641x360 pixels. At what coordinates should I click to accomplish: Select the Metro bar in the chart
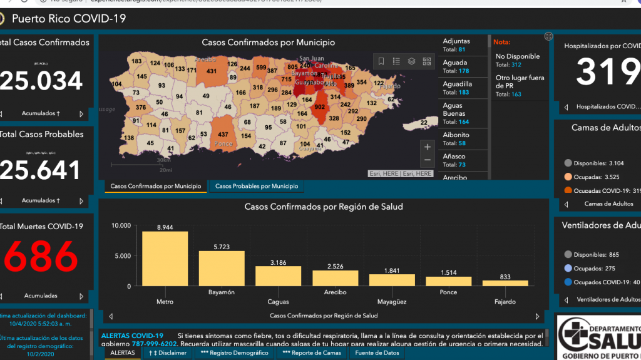click(165, 259)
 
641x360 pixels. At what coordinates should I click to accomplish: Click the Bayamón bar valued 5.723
click(222, 268)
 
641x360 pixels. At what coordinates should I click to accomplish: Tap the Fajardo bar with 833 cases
click(505, 283)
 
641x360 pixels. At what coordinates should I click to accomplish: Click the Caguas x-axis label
click(278, 292)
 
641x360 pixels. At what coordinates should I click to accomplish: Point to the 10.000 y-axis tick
click(120, 225)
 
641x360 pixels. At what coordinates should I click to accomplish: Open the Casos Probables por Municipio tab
click(257, 186)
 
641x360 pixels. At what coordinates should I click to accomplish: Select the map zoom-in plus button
click(428, 147)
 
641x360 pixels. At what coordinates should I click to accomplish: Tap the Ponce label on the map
click(223, 143)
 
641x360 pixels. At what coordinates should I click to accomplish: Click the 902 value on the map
click(319, 107)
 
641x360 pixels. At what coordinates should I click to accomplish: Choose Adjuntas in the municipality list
click(456, 41)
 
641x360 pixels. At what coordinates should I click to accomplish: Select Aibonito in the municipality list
click(456, 135)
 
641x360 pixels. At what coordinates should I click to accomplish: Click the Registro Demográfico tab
click(234, 353)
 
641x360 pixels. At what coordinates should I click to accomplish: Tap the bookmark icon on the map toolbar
click(381, 61)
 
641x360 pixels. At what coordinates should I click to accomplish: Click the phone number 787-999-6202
click(154, 344)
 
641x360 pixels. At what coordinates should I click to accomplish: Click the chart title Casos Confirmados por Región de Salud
click(323, 207)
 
